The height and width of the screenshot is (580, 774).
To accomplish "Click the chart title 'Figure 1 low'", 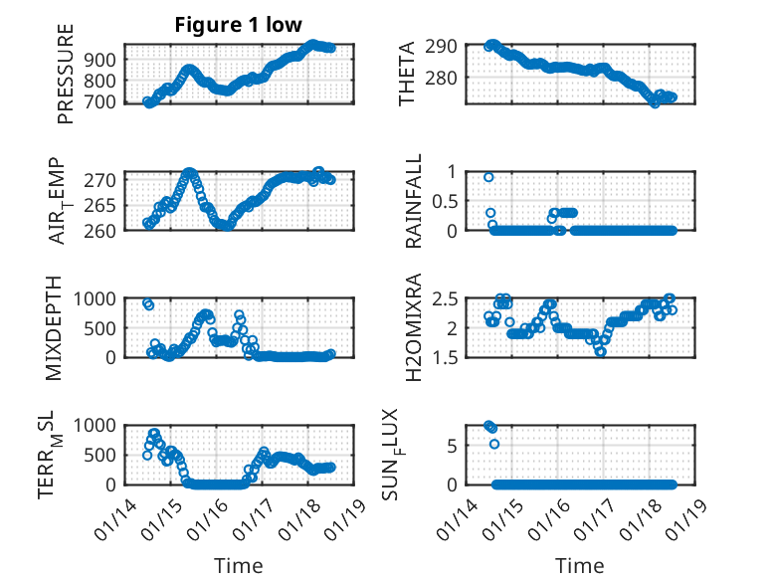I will tap(238, 25).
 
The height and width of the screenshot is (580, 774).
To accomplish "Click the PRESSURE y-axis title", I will tap(67, 81).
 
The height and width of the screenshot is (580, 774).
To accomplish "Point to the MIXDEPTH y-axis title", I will tap(55, 327).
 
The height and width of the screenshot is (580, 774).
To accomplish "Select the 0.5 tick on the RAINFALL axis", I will tap(443, 200).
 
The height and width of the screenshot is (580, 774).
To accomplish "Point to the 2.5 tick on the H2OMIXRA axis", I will tap(443, 297).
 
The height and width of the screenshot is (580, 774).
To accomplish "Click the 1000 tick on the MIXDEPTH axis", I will tap(97, 297).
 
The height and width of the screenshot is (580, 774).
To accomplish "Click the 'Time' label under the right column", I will tap(579, 566).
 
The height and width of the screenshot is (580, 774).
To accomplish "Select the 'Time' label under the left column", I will tap(239, 566).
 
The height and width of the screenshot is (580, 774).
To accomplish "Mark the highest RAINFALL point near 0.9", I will tap(488, 177).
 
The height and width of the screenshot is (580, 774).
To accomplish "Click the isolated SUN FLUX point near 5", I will tap(494, 444).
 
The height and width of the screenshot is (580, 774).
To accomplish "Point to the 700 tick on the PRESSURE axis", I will tap(103, 101).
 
